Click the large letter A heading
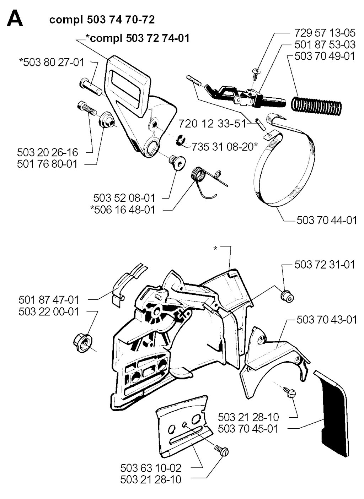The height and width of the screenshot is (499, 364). coord(15,18)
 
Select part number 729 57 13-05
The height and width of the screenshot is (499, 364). coord(325,33)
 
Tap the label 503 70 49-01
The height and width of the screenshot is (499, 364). coord(325,56)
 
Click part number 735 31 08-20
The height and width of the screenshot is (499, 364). coord(225,147)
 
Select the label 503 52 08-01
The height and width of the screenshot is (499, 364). coord(124,198)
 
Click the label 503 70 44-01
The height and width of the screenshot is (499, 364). coord(327,220)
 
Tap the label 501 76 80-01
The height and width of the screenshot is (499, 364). coord(47,164)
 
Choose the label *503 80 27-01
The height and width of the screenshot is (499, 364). coord(52,63)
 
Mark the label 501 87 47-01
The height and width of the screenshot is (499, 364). coord(49,300)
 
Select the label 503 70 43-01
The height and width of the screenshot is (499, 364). coord(327,320)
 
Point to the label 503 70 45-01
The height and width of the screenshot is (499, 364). coord(248,429)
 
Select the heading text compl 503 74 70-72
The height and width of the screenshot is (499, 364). coord(102,20)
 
